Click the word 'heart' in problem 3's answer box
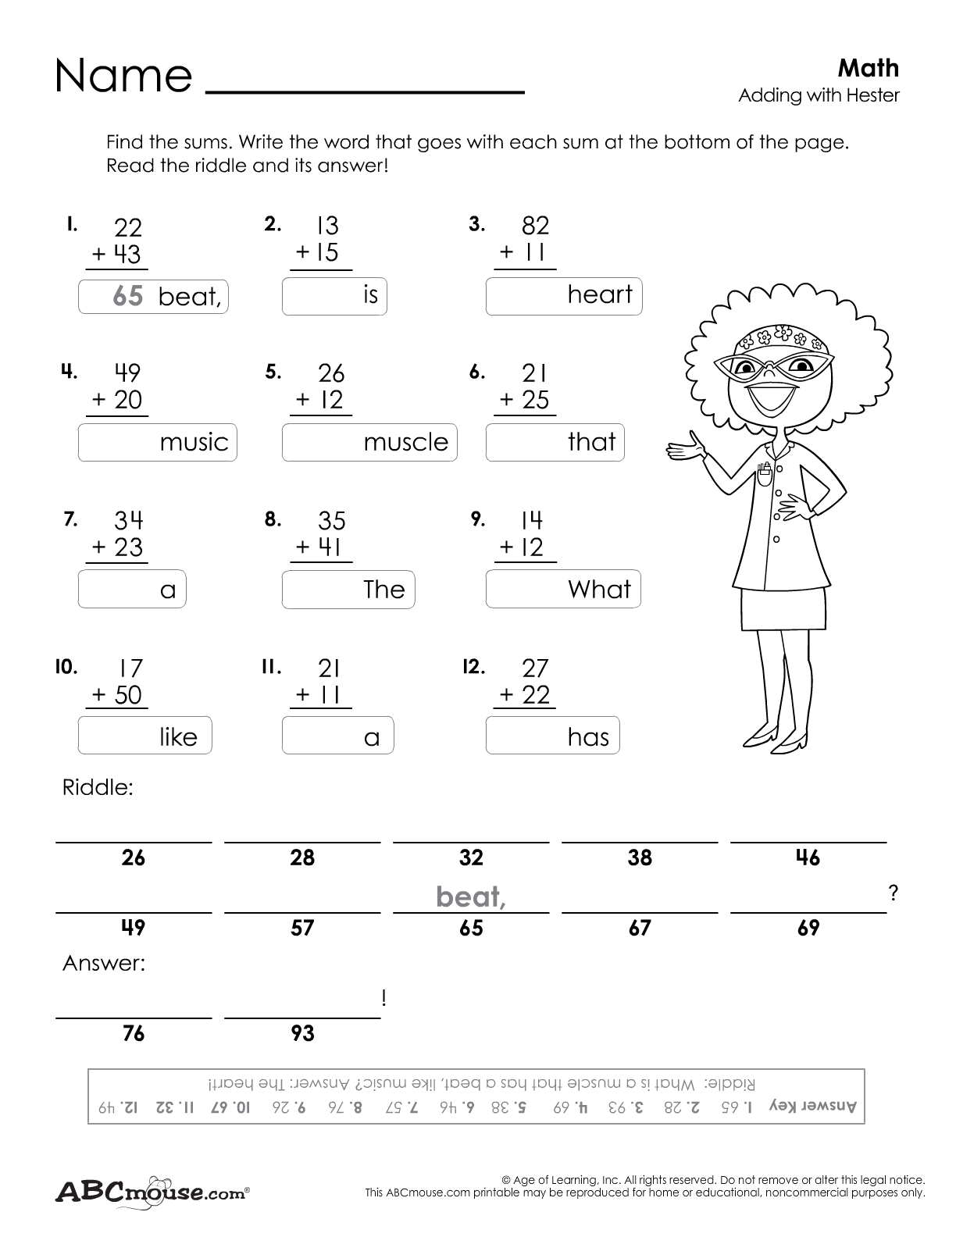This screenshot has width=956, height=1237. [599, 294]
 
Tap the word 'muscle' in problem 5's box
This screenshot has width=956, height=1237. [405, 442]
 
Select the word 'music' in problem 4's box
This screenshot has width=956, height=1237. [194, 442]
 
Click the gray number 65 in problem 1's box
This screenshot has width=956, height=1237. [128, 295]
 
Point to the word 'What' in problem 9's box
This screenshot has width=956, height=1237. [599, 589]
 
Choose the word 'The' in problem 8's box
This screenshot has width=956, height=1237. [384, 589]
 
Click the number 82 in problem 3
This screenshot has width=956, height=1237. [535, 226]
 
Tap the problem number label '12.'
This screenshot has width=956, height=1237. [474, 667]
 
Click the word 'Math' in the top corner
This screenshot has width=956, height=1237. [868, 69]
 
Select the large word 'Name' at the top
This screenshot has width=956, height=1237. [123, 76]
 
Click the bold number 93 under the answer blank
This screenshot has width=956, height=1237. [302, 1033]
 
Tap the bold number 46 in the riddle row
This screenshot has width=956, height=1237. [808, 857]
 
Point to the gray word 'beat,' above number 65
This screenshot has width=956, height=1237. [471, 897]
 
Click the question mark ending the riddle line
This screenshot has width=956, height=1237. [893, 894]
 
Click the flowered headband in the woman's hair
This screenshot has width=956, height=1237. [772, 338]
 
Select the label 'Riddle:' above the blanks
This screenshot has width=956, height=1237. [98, 787]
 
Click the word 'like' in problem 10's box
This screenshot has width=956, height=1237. [178, 736]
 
